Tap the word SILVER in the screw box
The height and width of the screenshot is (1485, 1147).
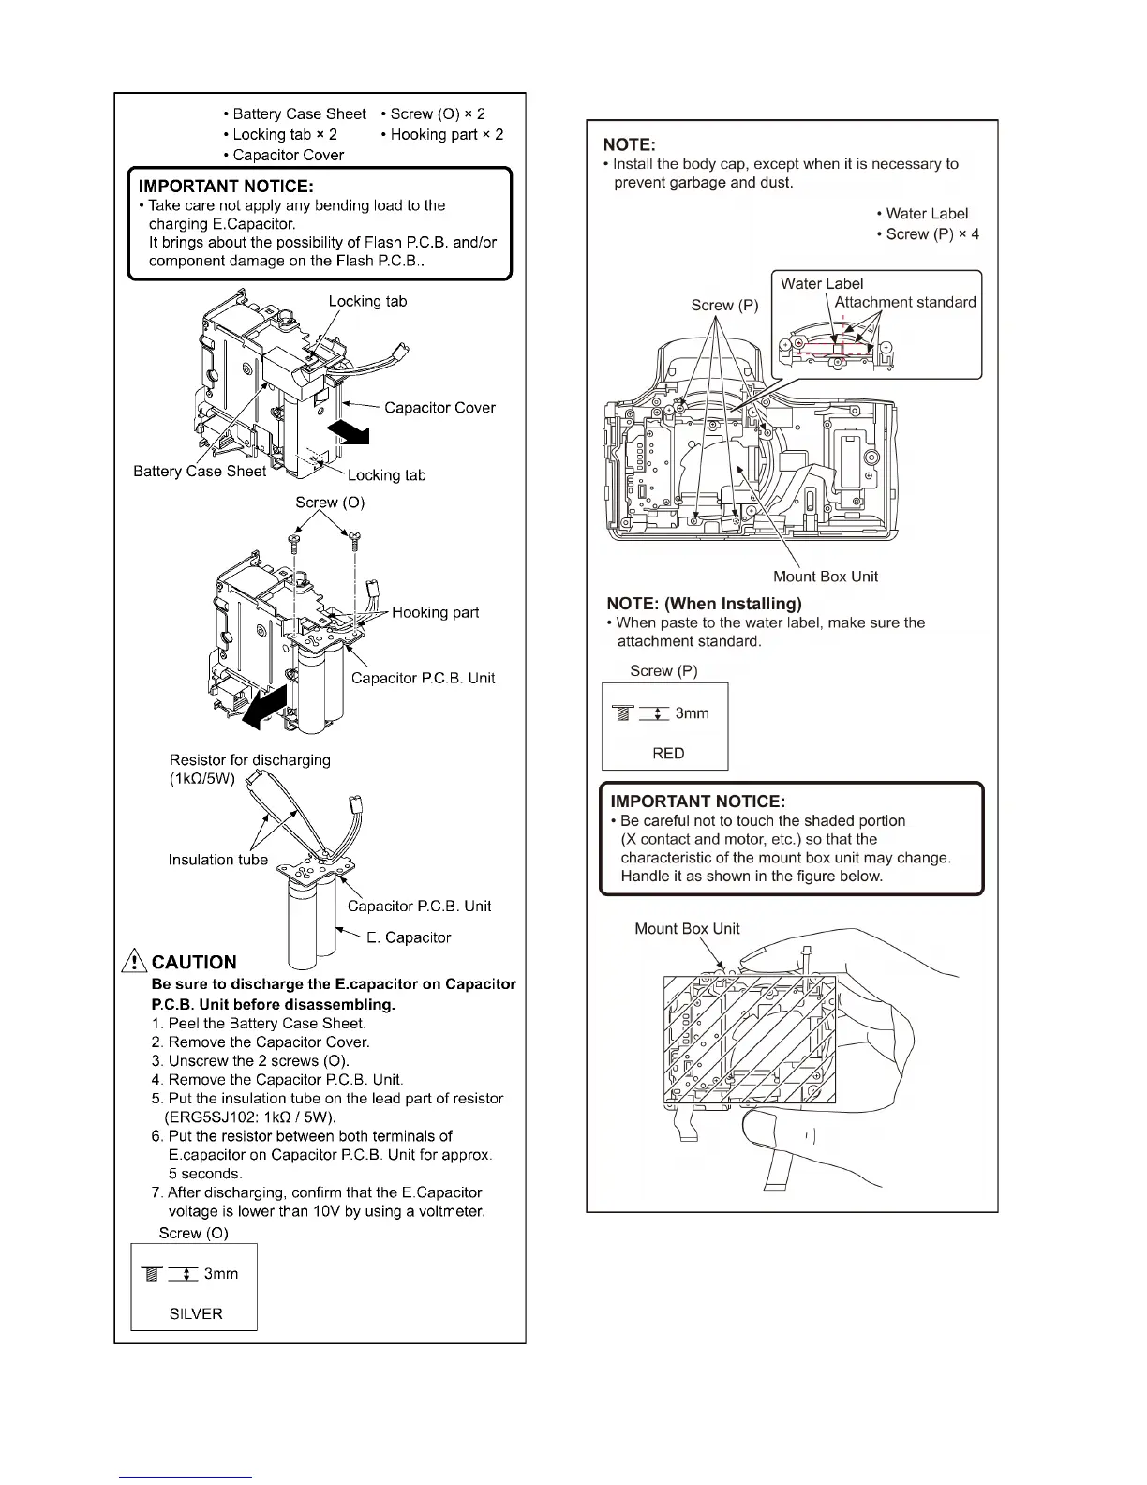(x=196, y=1313)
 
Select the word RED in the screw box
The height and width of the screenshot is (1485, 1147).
(x=668, y=753)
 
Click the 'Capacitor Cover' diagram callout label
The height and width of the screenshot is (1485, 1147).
(x=439, y=408)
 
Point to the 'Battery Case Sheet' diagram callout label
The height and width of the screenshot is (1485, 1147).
(x=200, y=471)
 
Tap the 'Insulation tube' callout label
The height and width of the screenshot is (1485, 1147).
(x=217, y=860)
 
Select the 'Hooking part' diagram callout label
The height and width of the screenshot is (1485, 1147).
(x=435, y=612)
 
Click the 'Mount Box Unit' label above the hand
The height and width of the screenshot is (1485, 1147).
(x=687, y=928)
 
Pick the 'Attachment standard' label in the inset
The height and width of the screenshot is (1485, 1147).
(x=905, y=302)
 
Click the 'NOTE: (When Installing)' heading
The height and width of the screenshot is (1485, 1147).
(x=704, y=603)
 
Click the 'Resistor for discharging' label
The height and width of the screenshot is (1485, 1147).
(x=250, y=759)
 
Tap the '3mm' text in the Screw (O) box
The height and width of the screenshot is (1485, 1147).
(x=221, y=1273)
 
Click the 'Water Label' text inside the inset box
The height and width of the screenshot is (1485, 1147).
(x=822, y=283)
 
